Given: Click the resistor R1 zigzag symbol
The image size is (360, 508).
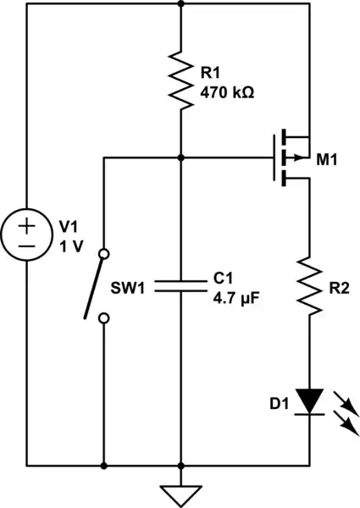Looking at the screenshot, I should pos(181,80).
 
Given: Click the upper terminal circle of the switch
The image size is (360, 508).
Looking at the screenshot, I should pos(103,253).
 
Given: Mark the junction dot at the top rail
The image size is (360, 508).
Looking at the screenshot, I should pos(181,3).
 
